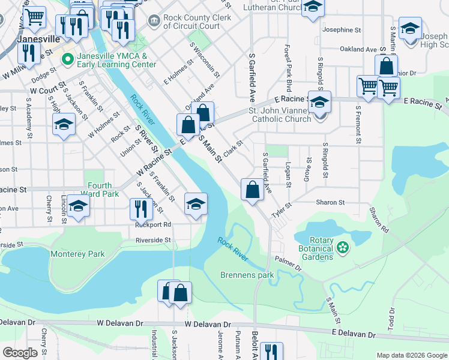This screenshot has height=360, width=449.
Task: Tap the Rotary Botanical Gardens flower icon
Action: [x=343, y=247]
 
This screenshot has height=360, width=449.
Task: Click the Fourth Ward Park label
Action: [x=103, y=190]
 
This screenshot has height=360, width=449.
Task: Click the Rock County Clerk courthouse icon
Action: [x=154, y=22]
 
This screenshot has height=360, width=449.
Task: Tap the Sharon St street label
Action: [x=330, y=203]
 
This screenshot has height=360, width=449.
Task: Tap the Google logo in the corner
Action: [x=20, y=353]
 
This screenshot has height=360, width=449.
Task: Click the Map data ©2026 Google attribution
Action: [x=411, y=355]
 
